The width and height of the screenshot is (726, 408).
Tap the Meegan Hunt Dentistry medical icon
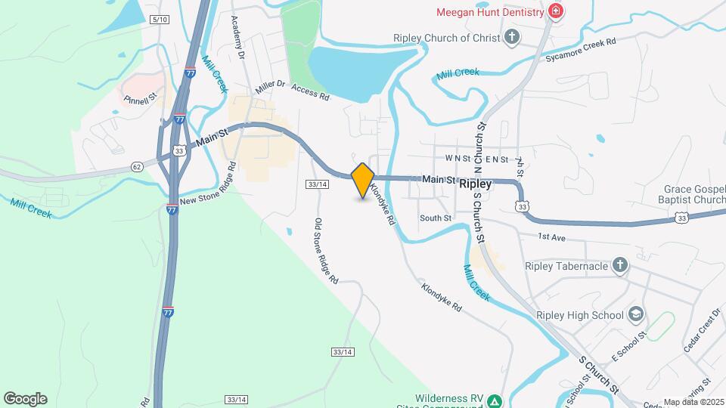coord(556,12)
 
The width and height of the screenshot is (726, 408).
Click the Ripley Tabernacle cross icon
coord(620,265)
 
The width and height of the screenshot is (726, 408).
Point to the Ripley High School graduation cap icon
coord(636,315)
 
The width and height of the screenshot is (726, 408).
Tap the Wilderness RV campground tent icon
coord(493,400)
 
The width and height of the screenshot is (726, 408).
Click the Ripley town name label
coord(476,184)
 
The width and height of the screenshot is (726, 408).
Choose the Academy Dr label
coord(238,38)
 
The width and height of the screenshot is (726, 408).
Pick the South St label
coord(436,218)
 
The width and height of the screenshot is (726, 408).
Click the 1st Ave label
coord(552,236)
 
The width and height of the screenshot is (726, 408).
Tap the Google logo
coord(25,399)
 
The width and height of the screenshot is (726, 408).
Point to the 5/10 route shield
coord(159,18)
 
